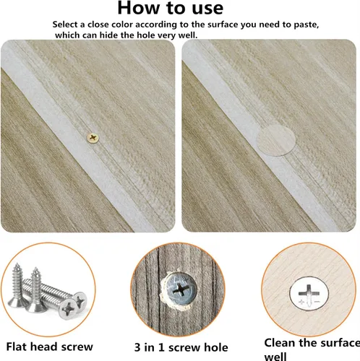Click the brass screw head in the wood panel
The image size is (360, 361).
pyautogui.click(x=93, y=138)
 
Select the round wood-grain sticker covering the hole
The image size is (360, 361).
pyautogui.click(x=276, y=140)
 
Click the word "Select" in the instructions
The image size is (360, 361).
pyautogui.click(x=65, y=25)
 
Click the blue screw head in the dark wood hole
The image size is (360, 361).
pyautogui.click(x=180, y=288)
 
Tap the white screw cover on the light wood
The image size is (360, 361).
pyautogui.click(x=309, y=293)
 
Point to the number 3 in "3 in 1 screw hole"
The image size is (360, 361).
pyautogui.click(x=137, y=347)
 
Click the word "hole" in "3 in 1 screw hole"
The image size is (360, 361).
pyautogui.click(x=217, y=347)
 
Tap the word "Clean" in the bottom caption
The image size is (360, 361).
pyautogui.click(x=280, y=343)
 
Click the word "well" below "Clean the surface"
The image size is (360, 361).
pyautogui.click(x=275, y=356)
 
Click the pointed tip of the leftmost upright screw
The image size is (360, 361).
pyautogui.click(x=17, y=264)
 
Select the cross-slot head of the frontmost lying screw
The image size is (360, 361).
pyautogui.click(x=68, y=309)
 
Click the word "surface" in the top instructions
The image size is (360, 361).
pyautogui.click(x=223, y=25)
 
